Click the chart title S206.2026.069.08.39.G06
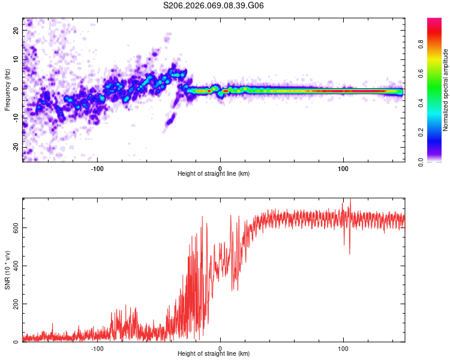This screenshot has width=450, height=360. [x=214, y=5]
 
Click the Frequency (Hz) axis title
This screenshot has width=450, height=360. [x=8, y=89]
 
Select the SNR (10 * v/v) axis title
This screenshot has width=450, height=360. [x=8, y=270]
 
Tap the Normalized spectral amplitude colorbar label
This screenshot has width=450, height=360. [x=446, y=90]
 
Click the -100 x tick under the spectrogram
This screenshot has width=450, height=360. [x=97, y=167]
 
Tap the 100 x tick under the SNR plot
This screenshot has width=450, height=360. [x=343, y=348]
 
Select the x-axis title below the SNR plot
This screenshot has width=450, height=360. [x=214, y=354]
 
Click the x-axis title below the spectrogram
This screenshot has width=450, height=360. [x=214, y=174]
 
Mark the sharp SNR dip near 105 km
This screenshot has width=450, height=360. [x=350, y=253]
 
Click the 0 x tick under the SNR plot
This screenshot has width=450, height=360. [x=220, y=348]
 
